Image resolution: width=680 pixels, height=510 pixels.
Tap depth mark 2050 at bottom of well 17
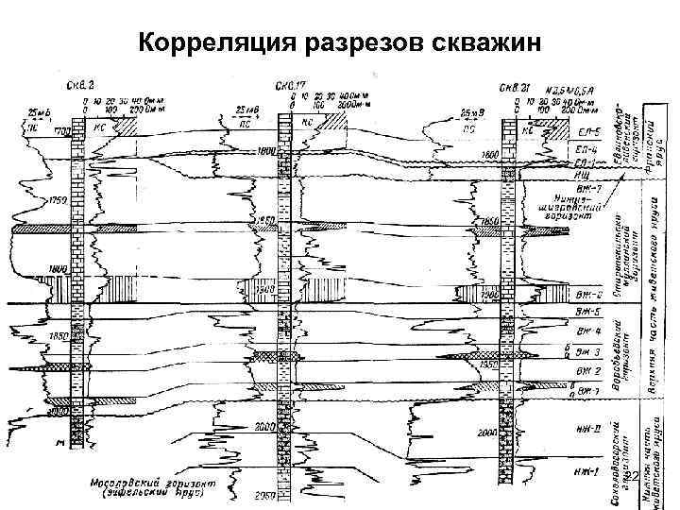coord(264,495)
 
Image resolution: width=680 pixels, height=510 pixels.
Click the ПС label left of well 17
coord(243,122)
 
